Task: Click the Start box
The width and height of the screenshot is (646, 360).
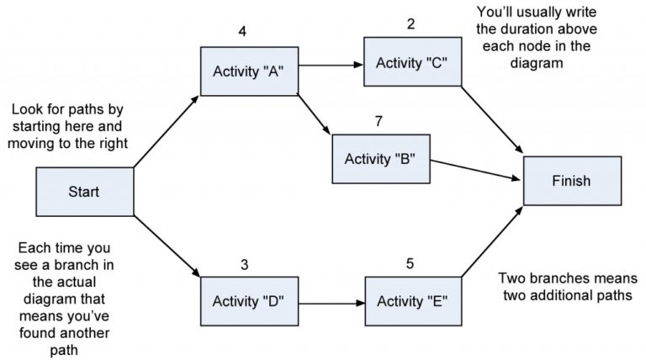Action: tap(84, 192)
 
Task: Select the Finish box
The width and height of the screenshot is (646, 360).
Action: tap(571, 180)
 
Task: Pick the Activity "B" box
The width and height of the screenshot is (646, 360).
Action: tap(382, 159)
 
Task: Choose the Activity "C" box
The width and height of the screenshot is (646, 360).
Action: tap(412, 61)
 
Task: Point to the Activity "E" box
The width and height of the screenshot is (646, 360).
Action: tap(412, 300)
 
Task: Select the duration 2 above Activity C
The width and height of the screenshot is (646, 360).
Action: tap(410, 24)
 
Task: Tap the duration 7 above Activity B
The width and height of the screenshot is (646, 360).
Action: tap(379, 121)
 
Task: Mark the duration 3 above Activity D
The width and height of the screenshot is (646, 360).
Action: tap(244, 264)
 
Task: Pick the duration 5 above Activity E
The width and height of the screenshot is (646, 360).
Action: tap(410, 264)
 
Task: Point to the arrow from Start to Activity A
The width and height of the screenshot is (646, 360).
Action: tap(167, 130)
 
